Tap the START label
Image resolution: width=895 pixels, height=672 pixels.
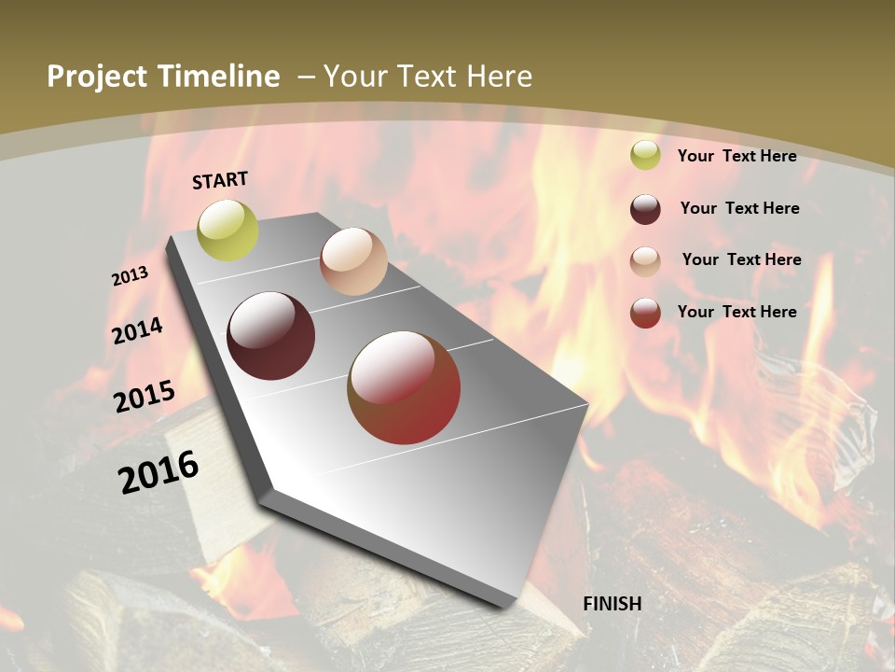(220, 180)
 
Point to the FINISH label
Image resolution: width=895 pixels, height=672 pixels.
(613, 604)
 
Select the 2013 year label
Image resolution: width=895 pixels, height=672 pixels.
(131, 276)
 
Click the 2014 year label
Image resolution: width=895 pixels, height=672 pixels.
(138, 330)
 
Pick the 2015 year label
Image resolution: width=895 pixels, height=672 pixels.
(145, 396)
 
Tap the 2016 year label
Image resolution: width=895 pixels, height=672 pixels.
(158, 471)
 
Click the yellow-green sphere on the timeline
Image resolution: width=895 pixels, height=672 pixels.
(228, 231)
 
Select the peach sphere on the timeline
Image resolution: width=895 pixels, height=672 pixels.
(353, 261)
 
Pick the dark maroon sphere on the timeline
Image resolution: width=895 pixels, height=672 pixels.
(271, 336)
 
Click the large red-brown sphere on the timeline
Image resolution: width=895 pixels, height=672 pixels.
(404, 387)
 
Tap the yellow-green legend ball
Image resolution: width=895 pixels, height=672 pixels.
(645, 156)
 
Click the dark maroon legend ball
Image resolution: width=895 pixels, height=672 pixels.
(645, 209)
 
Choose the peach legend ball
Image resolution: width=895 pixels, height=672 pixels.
(645, 261)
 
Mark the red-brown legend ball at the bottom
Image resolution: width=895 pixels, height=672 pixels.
(645, 313)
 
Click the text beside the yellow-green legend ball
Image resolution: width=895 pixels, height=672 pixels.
(737, 156)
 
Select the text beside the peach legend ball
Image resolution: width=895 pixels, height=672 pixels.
(742, 259)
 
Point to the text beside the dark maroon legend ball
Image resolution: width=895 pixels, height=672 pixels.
(740, 208)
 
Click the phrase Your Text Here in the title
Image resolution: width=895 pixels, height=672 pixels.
(428, 77)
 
